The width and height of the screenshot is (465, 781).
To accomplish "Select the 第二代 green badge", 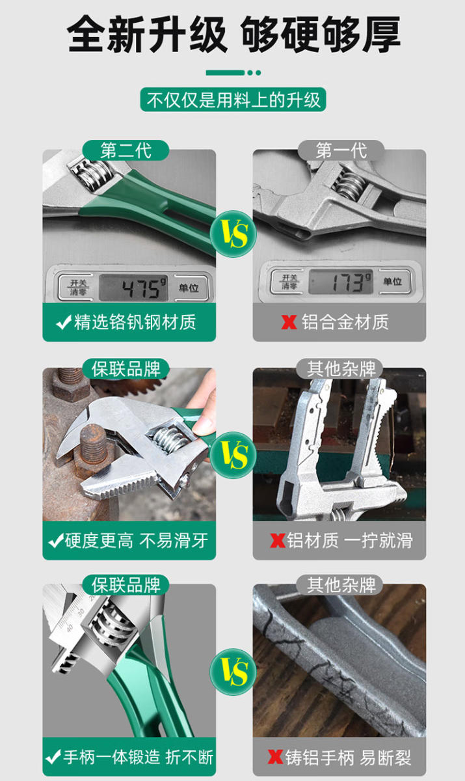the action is [x=126, y=150].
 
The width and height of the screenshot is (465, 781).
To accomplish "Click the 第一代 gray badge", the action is [x=341, y=150].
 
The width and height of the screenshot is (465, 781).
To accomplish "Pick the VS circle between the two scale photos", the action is [x=233, y=234].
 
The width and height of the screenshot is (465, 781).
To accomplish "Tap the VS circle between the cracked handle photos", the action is [x=233, y=672].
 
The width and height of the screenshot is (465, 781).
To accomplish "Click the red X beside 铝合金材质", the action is [x=289, y=322].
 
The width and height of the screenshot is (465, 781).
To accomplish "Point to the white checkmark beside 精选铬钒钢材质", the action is [x=63, y=322].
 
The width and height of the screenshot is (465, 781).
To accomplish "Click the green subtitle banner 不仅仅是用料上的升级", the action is [x=233, y=100].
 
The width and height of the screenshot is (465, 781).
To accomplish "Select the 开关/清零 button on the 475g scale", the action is [x=77, y=288].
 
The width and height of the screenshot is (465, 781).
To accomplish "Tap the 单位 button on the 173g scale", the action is [x=393, y=281].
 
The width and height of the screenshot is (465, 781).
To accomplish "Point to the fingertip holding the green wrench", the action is [x=203, y=426].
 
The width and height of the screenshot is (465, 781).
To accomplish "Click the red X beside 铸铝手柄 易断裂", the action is [x=275, y=756].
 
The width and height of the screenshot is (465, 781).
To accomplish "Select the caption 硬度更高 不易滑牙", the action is [x=136, y=541].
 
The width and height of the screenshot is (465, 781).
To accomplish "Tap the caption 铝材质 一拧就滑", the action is [x=350, y=541].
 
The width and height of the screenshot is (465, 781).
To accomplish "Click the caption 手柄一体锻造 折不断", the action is [x=139, y=757].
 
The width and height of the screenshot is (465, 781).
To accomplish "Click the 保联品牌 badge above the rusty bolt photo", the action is [x=126, y=369].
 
